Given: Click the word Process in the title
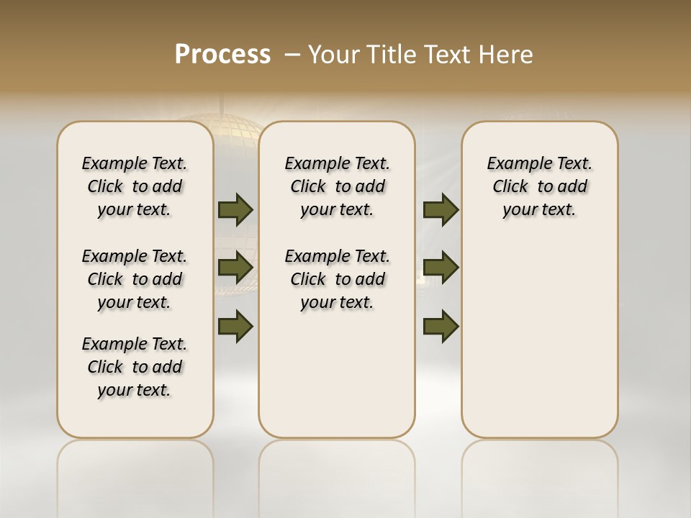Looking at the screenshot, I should pos(222,55).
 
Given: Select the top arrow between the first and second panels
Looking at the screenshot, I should pos(235,209).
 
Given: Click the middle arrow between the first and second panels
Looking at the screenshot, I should pos(235,268).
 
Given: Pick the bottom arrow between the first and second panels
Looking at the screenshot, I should pos(235,327).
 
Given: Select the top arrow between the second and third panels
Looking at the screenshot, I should pos(441,209).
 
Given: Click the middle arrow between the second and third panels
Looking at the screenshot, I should pos(441,268).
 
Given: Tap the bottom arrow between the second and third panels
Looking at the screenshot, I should pos(441,327).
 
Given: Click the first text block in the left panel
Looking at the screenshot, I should pos(135,186).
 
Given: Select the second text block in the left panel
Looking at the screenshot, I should pos(135,279).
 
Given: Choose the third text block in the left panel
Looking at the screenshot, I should pos(135,367).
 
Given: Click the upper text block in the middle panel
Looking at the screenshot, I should pos(337,186).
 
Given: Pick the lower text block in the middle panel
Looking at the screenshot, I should pos(337,279).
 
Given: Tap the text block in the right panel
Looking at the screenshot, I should pos(539,186).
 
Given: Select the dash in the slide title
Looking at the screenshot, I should pos(292,55).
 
